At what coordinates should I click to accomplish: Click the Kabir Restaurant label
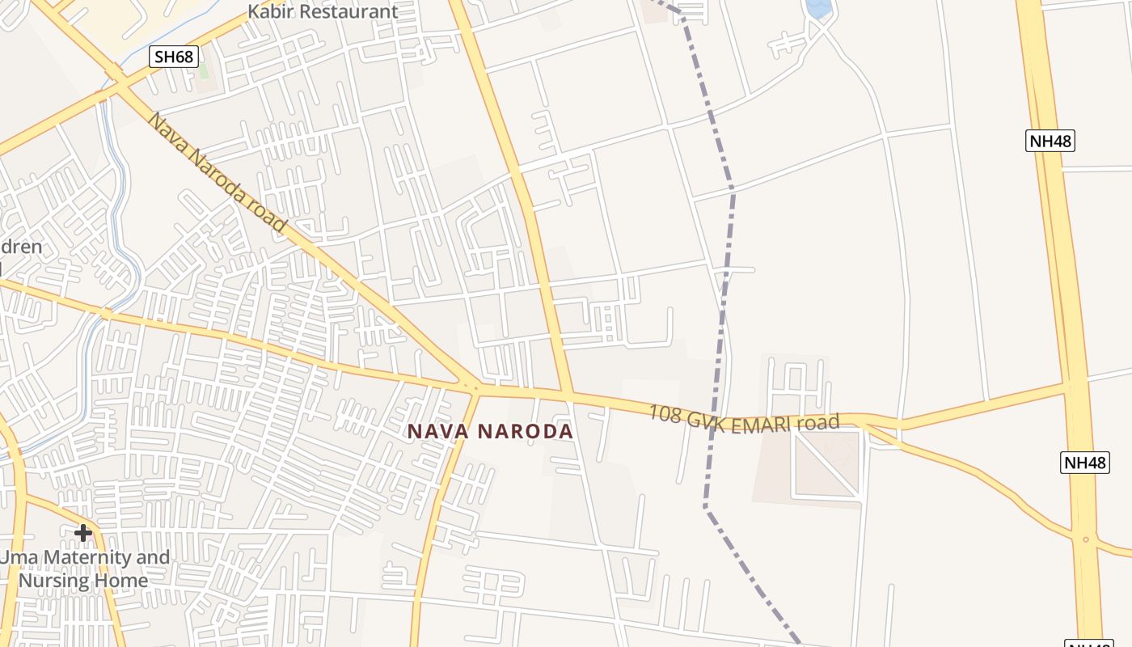point(323,11)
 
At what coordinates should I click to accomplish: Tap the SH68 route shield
point(174,57)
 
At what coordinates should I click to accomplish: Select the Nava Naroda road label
point(218,173)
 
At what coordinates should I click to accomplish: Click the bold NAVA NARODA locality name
point(490,431)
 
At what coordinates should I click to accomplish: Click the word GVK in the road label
point(707,418)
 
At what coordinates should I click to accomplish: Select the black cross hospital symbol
point(82,533)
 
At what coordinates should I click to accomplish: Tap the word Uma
point(15,557)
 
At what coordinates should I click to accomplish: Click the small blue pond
point(818,9)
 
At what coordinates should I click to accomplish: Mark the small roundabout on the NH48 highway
point(1085,539)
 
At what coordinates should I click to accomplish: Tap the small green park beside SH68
point(203,68)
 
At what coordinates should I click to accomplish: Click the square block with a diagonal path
point(826,463)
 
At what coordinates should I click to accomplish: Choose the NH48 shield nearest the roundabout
point(1083,463)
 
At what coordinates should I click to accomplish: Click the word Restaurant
point(348,11)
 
